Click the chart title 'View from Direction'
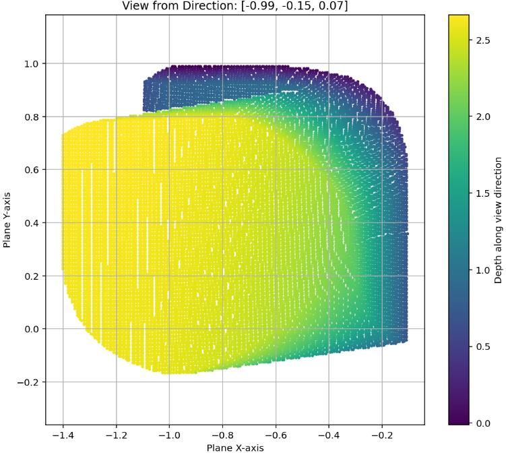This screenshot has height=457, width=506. pos(235,6)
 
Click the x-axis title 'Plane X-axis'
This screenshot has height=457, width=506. pos(235,448)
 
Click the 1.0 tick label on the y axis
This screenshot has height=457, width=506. pos(32,64)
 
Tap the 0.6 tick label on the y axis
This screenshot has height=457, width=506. pos(32,170)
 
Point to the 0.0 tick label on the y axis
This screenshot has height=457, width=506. pos(32,329)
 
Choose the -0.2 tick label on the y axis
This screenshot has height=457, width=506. pos(30,382)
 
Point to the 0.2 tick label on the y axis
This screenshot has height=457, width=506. pos(32,276)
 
